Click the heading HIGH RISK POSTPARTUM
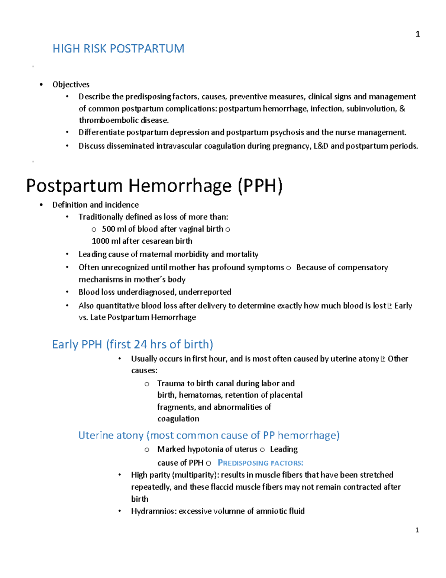[x=118, y=49]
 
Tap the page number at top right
[x=417, y=34]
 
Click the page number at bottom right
[x=417, y=530]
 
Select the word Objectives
[x=71, y=84]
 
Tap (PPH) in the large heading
[x=260, y=186]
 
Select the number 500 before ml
[x=108, y=229]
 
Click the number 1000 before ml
[x=100, y=241]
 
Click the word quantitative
[x=117, y=306]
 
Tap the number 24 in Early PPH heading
[x=140, y=344]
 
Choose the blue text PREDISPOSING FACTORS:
[x=260, y=463]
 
